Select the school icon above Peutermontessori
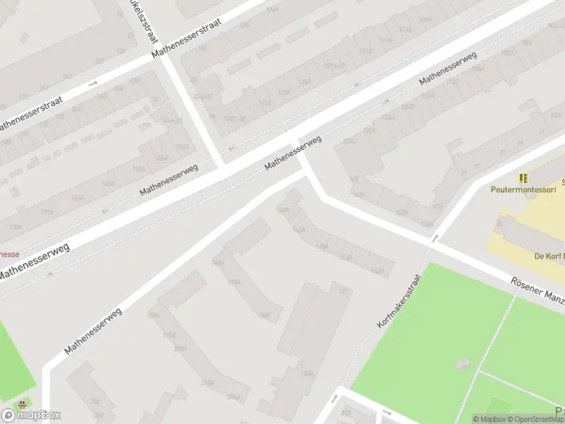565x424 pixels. pos(523,178)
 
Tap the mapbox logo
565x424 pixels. pos(31,415)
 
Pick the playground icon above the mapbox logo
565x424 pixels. pos(23,405)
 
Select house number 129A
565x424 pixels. pos(307,374)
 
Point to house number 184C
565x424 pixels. pos(266,315)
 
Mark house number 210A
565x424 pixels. pos(208,382)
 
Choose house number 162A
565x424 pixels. pos(377,271)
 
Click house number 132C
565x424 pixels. pos(349,141)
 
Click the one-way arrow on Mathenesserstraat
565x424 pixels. pos(93,84)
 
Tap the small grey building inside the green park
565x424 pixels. pos(463,365)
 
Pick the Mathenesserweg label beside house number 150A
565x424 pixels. pos(93,330)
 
